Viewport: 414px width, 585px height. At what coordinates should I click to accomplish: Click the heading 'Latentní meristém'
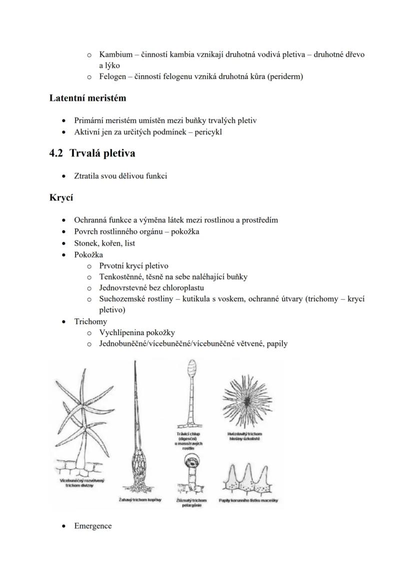coord(87,98)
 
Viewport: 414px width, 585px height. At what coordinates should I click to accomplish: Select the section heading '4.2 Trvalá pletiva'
coord(92,153)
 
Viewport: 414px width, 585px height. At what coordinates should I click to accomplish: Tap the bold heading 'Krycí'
coord(61,198)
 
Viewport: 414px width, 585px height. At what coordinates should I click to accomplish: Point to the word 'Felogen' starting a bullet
coord(112,76)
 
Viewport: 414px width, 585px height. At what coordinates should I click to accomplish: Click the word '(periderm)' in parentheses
coord(284,76)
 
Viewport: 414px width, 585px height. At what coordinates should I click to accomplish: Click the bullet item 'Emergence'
coord(93,526)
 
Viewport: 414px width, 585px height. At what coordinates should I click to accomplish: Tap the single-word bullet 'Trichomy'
coord(90,321)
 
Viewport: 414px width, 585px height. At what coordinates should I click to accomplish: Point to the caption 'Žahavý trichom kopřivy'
coord(140,500)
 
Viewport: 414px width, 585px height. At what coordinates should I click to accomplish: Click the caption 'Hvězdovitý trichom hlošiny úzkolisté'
coord(244,436)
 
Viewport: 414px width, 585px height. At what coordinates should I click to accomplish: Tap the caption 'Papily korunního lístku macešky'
coord(248,500)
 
